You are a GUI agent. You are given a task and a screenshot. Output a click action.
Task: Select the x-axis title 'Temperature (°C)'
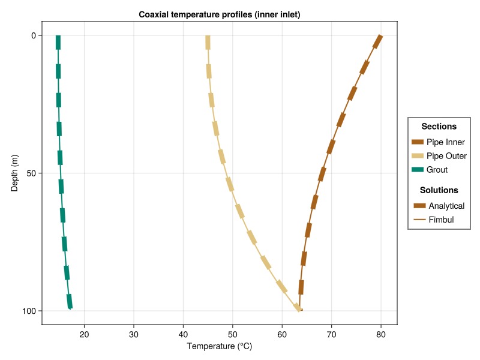[219, 346]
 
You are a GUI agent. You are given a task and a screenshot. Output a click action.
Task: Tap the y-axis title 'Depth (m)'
[15, 173]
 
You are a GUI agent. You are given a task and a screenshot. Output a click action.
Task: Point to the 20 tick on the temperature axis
[85, 333]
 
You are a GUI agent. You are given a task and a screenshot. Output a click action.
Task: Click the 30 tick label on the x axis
[134, 333]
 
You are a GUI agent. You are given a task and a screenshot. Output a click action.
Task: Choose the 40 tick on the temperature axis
[184, 333]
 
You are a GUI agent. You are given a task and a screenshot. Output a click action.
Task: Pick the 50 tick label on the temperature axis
[233, 333]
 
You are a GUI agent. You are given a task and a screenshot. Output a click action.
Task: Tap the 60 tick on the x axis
[282, 333]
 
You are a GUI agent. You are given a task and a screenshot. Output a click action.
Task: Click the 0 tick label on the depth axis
[34, 35]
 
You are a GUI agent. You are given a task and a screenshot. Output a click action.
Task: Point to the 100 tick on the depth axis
[29, 311]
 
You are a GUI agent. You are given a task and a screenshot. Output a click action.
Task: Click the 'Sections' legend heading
[439, 127]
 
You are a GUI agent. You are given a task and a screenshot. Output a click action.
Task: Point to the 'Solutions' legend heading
[439, 190]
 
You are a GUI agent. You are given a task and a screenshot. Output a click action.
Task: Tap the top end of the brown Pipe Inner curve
[380, 37]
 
